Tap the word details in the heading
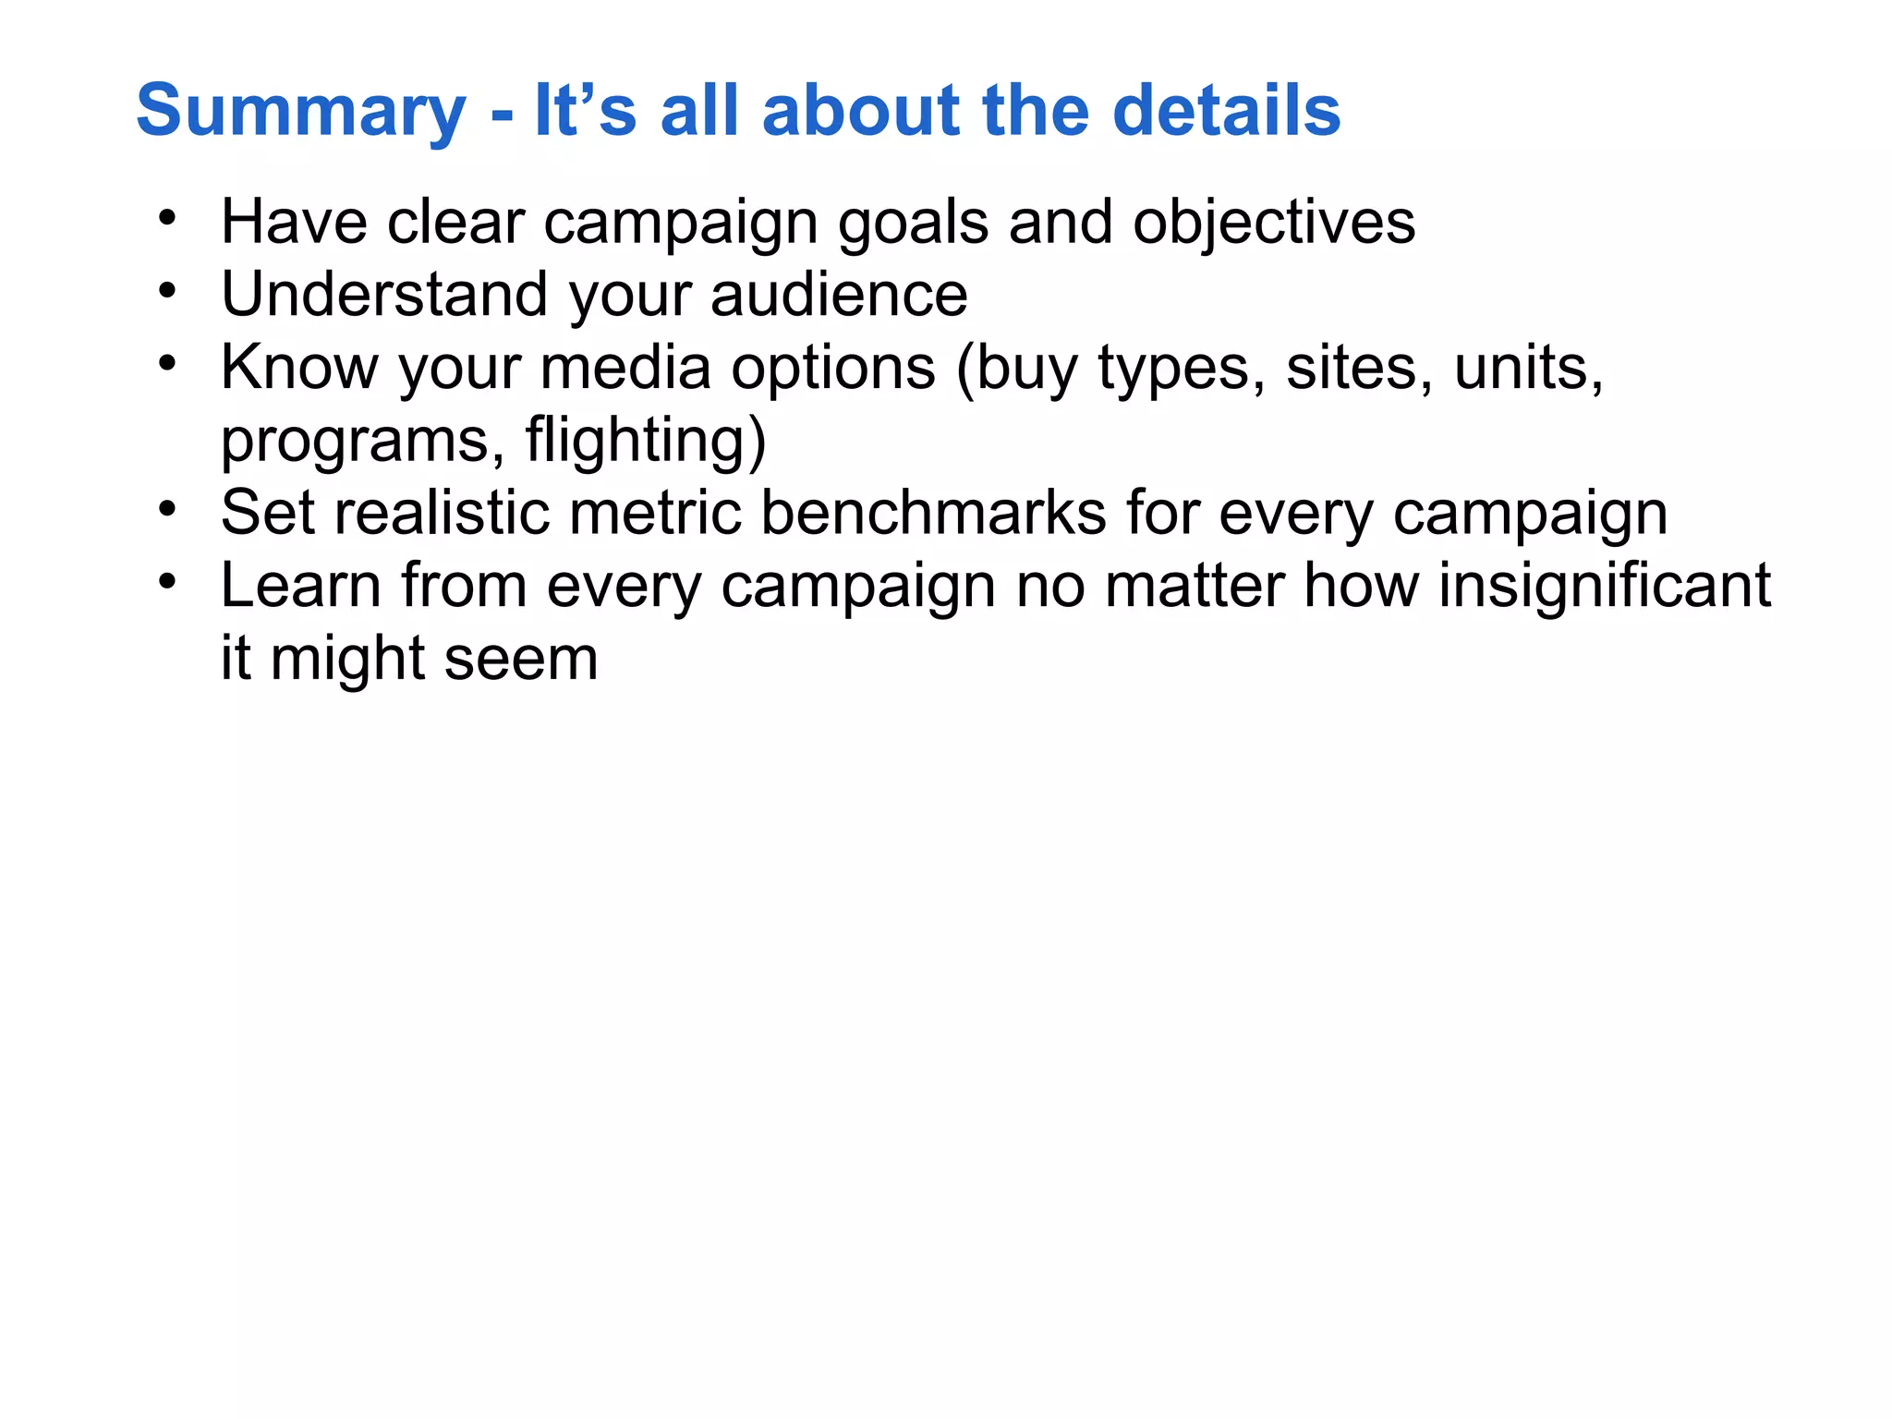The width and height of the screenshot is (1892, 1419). point(1226,111)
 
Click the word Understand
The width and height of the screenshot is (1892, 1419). point(384,295)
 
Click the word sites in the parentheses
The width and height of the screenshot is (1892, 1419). point(1352,368)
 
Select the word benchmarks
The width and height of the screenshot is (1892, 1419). point(933,513)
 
